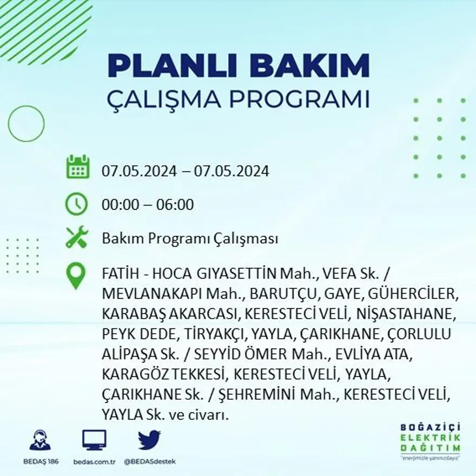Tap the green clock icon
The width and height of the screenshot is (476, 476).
(76, 204)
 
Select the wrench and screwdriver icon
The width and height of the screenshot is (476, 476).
(76, 237)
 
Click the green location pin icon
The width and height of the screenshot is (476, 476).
(76, 275)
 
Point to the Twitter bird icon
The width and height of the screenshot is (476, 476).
(149, 440)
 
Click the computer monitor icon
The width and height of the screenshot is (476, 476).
(94, 440)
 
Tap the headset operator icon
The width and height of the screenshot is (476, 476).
(40, 440)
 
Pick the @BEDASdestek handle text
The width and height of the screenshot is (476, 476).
(150, 461)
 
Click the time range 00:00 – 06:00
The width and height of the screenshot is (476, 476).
(148, 205)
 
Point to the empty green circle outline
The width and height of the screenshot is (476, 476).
(27, 124)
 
